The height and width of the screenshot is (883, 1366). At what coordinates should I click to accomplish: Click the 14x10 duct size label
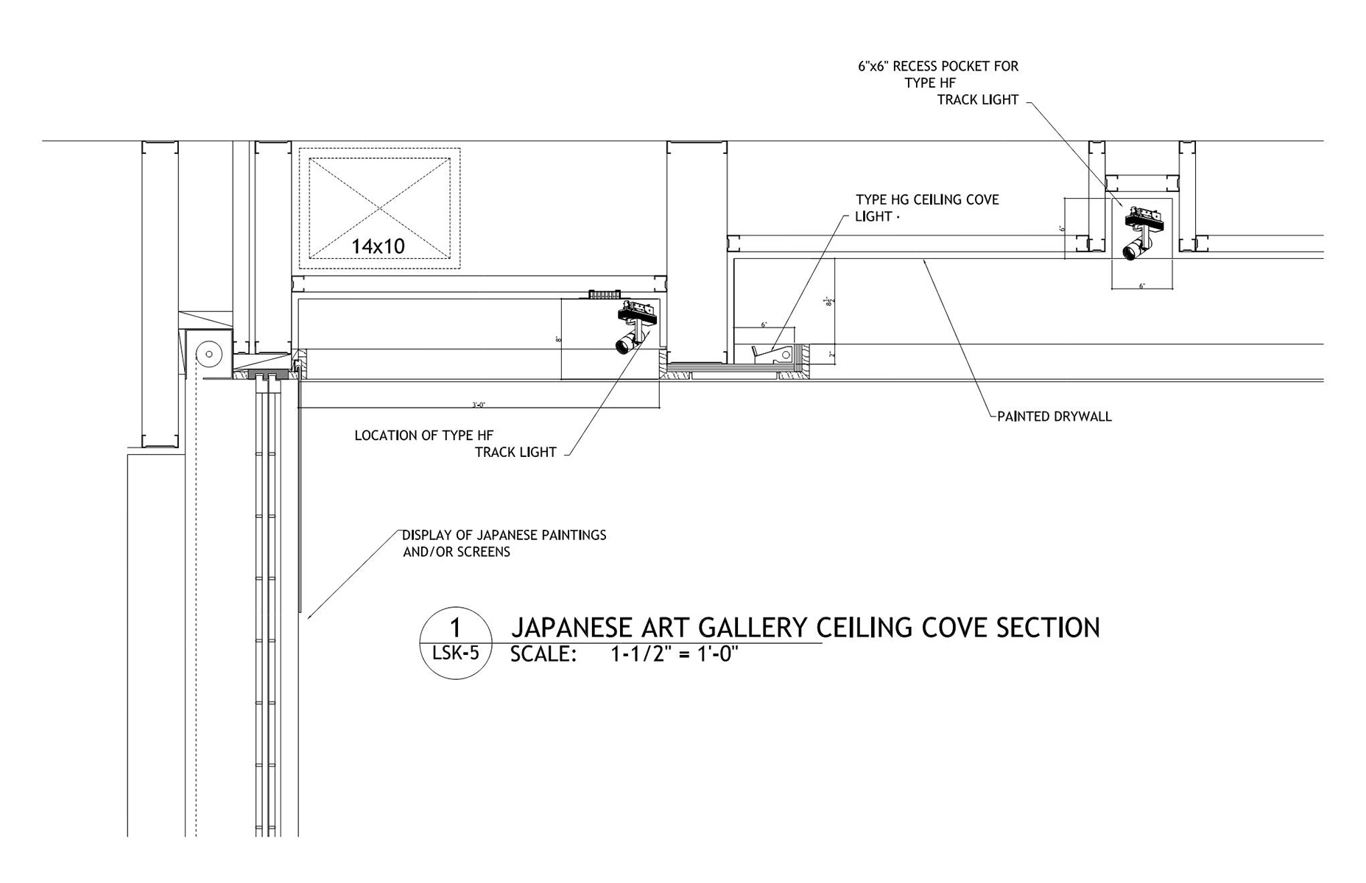(378, 246)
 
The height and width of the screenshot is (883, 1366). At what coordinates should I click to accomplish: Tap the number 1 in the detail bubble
(455, 628)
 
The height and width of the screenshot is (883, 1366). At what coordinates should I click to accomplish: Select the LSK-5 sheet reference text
(455, 652)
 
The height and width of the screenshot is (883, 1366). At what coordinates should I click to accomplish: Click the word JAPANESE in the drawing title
(571, 628)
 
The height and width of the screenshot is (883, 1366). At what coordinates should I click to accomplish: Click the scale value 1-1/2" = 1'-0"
(674, 654)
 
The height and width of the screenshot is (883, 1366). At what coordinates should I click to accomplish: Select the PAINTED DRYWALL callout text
(1054, 416)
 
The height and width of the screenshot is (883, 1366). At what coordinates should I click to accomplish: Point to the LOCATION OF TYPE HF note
(423, 436)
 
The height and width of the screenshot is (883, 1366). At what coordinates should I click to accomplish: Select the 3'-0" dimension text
(479, 405)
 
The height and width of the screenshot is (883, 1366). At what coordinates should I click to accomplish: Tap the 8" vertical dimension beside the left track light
(559, 339)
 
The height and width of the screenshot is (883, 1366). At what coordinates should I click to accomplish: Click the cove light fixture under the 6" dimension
(772, 355)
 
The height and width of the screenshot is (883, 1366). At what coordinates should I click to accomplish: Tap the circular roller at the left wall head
(209, 354)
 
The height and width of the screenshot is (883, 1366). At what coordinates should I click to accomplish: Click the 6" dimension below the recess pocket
(1142, 286)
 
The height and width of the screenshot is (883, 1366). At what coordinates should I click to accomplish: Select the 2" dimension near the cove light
(831, 355)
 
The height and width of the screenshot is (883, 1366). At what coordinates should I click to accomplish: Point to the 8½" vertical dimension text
(830, 302)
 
